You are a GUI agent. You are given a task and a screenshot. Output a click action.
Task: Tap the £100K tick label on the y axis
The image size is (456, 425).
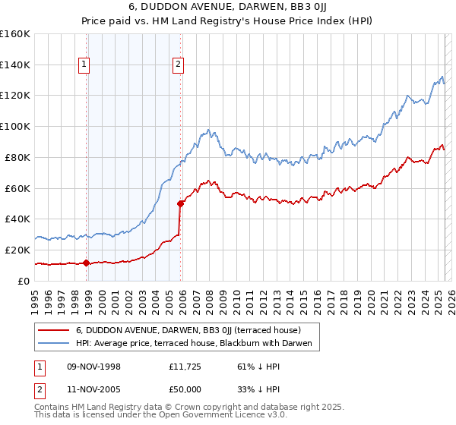15,126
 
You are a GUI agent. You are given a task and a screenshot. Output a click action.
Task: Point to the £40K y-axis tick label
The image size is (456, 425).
17,219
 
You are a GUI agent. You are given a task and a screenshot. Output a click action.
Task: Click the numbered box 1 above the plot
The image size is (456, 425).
84,65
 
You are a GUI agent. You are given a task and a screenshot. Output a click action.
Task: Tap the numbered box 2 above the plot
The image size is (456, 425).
178,65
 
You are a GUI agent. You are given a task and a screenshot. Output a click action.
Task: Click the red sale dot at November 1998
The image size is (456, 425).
87,263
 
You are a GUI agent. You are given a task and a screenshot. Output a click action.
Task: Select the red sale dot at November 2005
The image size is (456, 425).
181,203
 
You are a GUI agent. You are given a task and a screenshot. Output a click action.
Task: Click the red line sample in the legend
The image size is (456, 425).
54,330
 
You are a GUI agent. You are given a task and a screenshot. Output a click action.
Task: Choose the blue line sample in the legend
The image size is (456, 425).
54,344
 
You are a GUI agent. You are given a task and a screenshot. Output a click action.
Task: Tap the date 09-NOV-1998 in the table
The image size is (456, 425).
94,366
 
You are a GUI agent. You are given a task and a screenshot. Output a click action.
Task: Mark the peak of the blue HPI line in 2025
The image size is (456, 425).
442,76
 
